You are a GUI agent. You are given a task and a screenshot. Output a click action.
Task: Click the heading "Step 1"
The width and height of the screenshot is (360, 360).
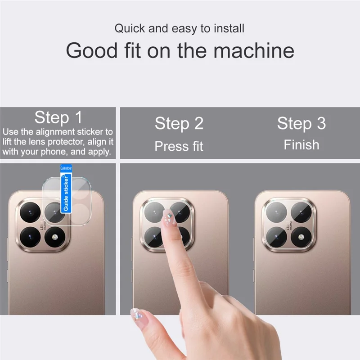click(58, 118)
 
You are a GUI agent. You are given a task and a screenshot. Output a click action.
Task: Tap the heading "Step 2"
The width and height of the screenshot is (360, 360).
click(179, 123)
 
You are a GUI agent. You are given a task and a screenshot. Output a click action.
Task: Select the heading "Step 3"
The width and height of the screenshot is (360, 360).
click(301, 123)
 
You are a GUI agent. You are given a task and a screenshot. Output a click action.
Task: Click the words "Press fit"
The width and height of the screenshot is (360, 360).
click(179, 146)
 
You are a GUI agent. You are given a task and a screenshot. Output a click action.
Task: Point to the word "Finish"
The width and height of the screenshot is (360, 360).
click(301, 145)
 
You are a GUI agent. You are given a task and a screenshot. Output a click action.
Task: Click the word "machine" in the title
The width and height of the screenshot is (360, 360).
click(254, 50)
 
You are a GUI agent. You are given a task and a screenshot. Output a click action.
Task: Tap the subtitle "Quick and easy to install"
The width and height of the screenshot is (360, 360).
click(179, 29)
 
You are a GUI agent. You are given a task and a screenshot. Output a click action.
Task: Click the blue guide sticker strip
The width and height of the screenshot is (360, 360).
click(66, 189)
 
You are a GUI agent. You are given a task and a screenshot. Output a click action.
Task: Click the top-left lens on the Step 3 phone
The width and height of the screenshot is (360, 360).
click(276, 211)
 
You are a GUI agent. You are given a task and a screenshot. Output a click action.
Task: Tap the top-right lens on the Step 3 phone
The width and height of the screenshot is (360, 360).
click(301, 211)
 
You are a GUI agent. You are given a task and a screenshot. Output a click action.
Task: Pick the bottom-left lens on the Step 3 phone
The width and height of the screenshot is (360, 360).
click(276, 236)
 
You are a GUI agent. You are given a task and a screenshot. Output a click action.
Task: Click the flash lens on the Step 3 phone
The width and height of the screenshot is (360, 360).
click(301, 236)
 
